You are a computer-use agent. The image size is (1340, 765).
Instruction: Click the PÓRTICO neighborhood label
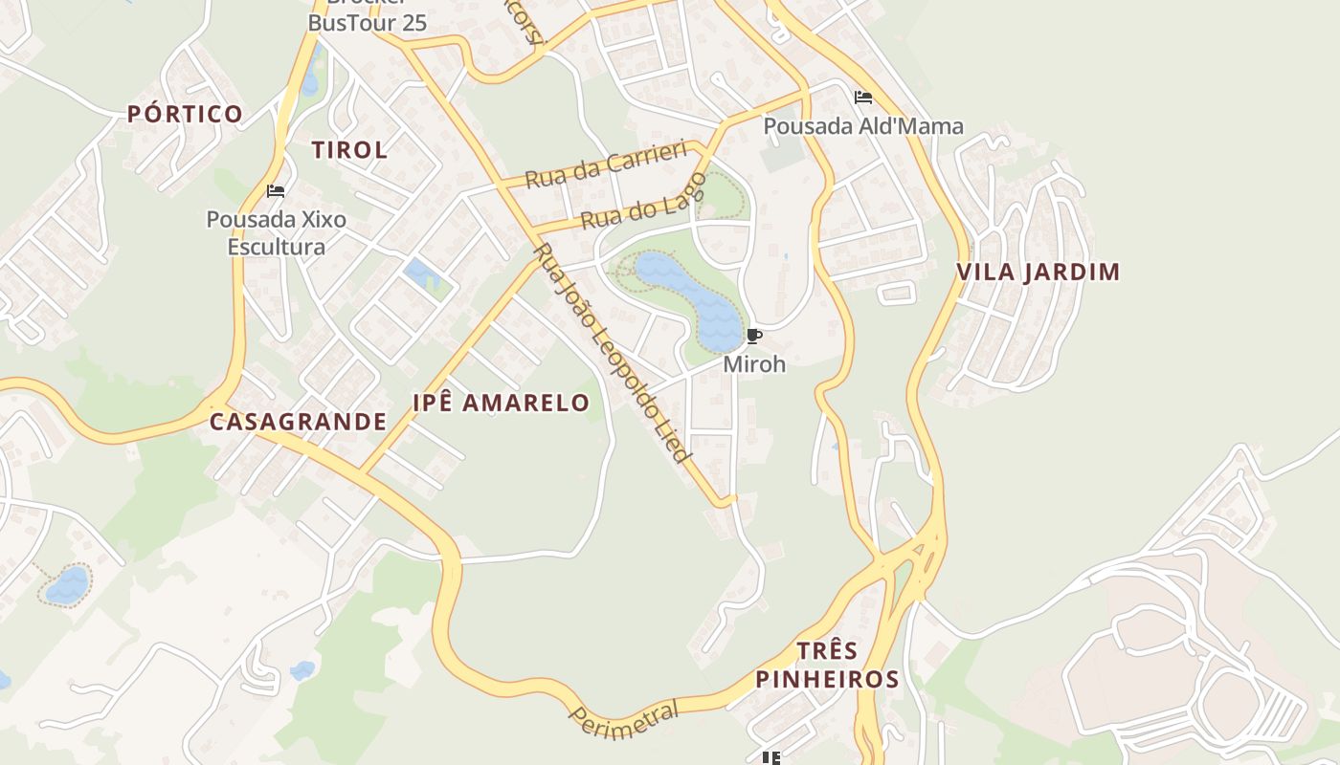(185, 115)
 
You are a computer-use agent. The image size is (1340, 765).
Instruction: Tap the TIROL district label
(349, 150)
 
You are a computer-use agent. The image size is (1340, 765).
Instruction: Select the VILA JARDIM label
(1038, 273)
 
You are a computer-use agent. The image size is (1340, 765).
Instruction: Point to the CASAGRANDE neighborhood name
(298, 422)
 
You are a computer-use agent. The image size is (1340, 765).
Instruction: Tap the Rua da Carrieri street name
(606, 164)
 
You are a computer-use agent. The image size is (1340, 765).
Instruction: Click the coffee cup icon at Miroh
(753, 336)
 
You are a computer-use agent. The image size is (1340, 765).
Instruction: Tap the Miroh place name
(754, 364)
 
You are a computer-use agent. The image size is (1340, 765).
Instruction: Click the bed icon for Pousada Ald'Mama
(862, 98)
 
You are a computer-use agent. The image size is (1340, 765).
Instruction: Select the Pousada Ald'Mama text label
(862, 126)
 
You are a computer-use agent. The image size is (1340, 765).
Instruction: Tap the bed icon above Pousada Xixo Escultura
(276, 191)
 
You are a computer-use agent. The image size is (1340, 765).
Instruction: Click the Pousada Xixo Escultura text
(277, 233)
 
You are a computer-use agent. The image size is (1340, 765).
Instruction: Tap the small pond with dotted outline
(68, 584)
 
